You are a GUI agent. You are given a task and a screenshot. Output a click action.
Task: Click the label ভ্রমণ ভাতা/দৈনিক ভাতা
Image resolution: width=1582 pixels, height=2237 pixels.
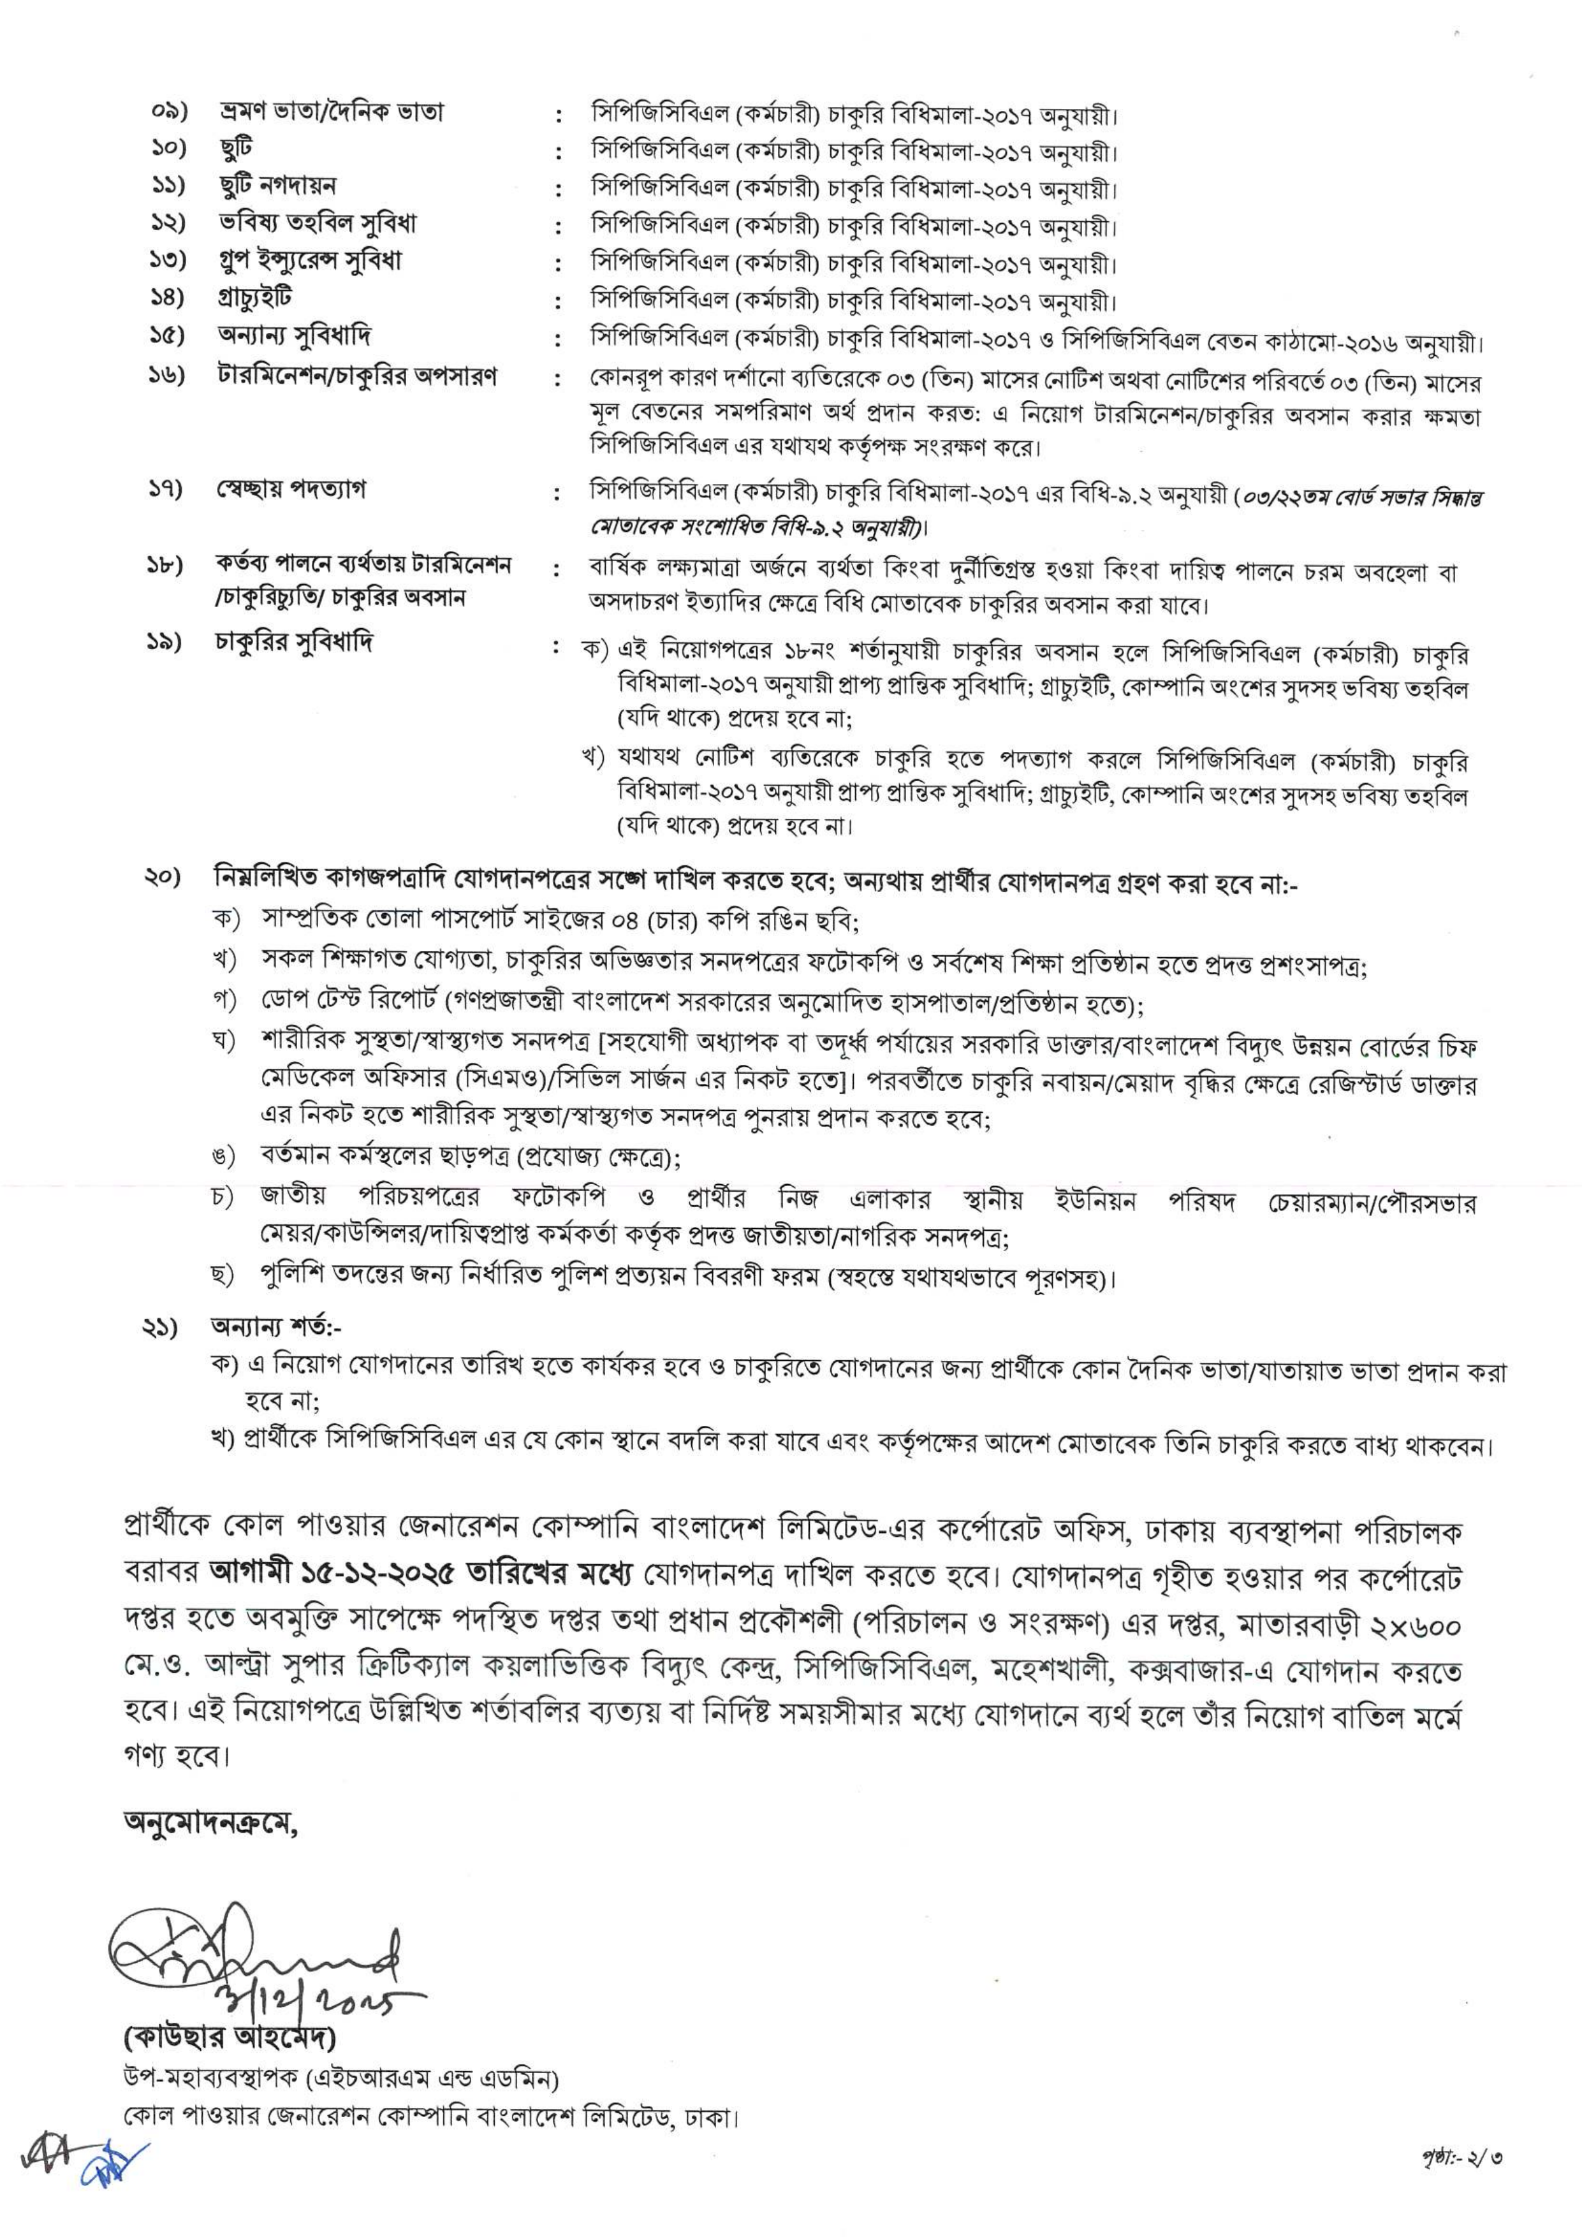click(x=331, y=112)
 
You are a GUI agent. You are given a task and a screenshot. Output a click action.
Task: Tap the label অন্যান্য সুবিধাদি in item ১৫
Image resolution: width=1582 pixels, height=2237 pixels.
click(x=293, y=336)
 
